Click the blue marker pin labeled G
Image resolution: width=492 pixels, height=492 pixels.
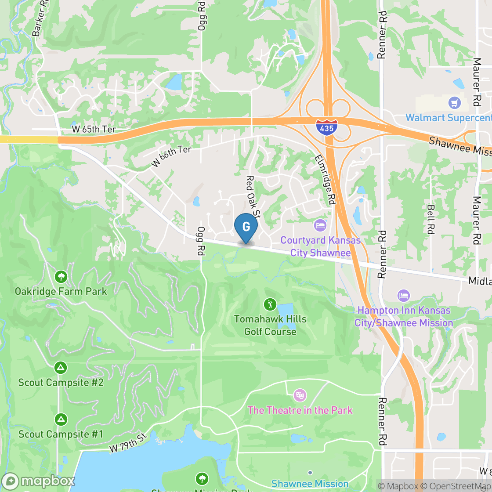pyautogui.click(x=246, y=227)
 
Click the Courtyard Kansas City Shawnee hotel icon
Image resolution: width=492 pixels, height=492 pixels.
pyautogui.click(x=320, y=226)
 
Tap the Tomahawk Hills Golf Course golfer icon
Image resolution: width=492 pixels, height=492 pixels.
pyautogui.click(x=269, y=304)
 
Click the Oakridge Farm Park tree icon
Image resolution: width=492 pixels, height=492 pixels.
pyautogui.click(x=61, y=277)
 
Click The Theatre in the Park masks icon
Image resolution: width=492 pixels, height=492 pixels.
pyautogui.click(x=300, y=395)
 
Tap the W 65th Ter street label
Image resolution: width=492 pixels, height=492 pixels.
pyautogui.click(x=94, y=130)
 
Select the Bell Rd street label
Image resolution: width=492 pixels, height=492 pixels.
pyautogui.click(x=431, y=219)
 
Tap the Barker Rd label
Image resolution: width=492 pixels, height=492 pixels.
pyautogui.click(x=38, y=18)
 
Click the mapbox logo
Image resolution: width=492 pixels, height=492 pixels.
pyautogui.click(x=38, y=481)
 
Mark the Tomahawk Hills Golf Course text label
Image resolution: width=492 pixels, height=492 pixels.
pyautogui.click(x=270, y=325)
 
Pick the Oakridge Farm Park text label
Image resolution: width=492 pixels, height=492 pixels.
pyautogui.click(x=61, y=291)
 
